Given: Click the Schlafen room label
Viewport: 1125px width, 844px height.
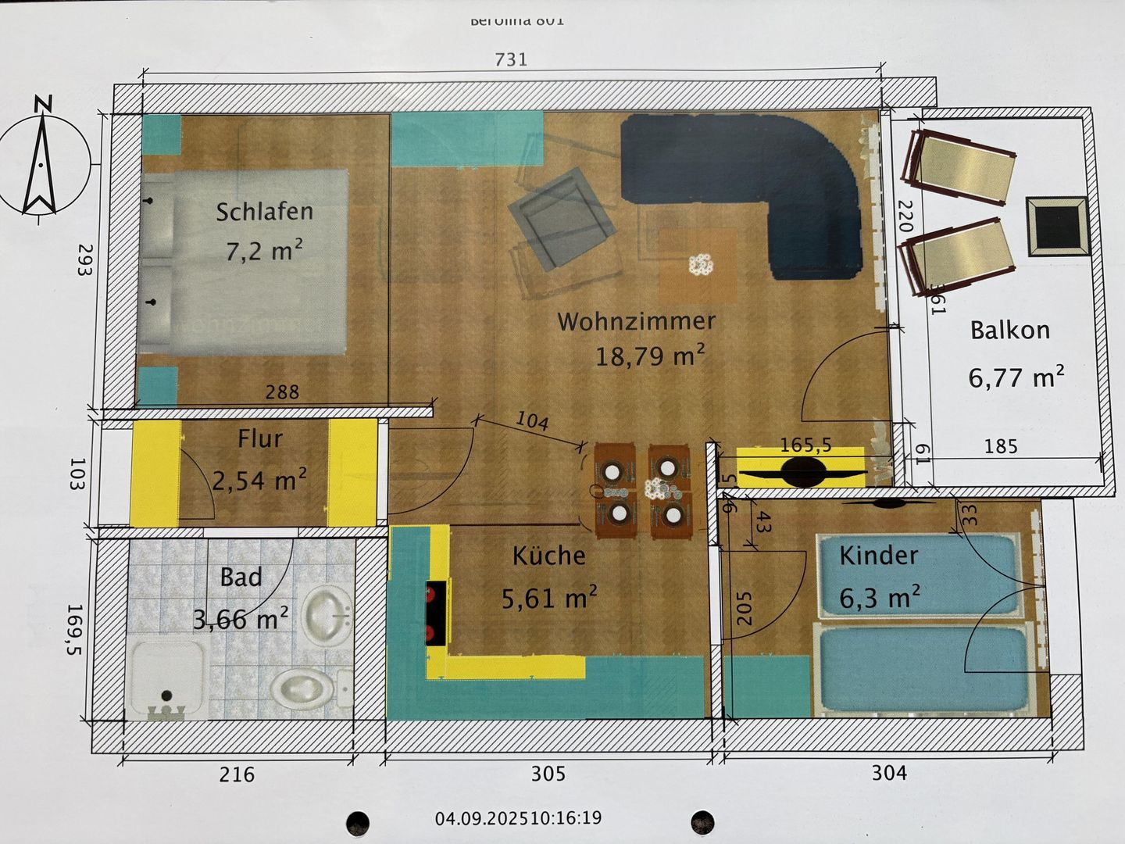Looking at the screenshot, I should [x=264, y=211].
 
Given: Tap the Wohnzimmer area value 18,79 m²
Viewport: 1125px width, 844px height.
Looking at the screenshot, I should [x=650, y=356].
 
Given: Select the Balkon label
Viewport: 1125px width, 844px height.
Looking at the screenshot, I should [x=1009, y=330].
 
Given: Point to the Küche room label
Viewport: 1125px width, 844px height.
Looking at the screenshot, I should [x=548, y=556].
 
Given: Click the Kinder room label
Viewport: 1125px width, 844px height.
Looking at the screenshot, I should [x=878, y=555].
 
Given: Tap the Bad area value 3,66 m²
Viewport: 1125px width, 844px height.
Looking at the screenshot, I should [x=240, y=619].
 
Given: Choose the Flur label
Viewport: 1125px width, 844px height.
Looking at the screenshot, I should [x=260, y=438].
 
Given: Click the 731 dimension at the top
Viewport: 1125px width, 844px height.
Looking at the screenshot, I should [x=511, y=59].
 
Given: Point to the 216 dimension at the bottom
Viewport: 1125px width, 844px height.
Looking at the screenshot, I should [x=236, y=774].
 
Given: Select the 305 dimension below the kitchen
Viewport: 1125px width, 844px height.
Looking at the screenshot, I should [x=548, y=774].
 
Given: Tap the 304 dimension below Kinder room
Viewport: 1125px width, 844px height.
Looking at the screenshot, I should [x=889, y=773].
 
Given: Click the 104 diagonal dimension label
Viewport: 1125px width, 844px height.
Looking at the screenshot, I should [x=532, y=420].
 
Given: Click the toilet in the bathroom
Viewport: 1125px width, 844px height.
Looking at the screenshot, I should [x=302, y=688].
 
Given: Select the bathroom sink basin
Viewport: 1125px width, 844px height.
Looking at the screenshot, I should [x=327, y=614].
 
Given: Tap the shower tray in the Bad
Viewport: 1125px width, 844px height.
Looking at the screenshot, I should [x=166, y=677].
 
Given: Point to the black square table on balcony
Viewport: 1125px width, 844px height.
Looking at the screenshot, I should [x=1056, y=226].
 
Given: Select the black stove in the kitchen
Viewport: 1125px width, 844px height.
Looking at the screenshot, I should [x=436, y=613].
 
